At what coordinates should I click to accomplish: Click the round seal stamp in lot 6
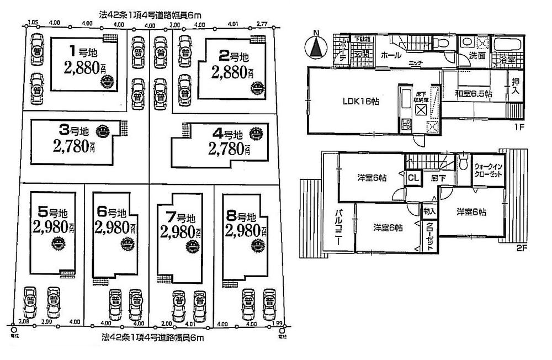(128, 242)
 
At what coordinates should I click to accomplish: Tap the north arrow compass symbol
(316, 46)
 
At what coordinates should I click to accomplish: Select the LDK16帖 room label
(360, 101)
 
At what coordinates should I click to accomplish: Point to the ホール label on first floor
(391, 55)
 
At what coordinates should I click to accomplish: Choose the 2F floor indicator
(521, 248)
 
